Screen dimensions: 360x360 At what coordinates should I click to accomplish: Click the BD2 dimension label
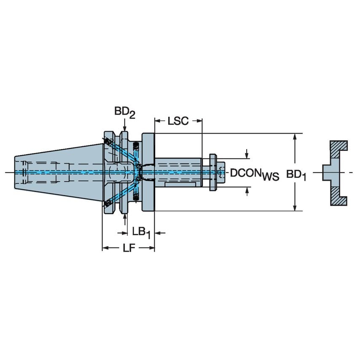124,113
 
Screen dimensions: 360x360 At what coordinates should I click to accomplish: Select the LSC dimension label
178,121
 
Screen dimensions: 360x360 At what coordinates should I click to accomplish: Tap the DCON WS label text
254,174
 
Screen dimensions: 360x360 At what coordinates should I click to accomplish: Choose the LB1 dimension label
141,232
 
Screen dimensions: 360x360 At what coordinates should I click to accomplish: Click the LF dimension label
128,249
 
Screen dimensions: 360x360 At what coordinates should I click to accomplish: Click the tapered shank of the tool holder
59,172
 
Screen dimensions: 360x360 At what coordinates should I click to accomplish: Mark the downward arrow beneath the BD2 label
125,126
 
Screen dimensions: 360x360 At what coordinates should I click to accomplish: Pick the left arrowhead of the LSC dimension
158,121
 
